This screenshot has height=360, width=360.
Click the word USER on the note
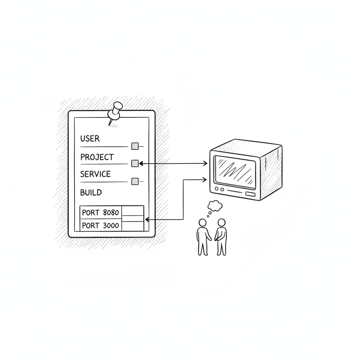pos(90,139)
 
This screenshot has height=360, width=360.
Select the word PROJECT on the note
pos(97,157)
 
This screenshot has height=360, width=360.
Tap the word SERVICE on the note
pos(95,174)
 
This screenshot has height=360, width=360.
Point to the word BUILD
pos(91,192)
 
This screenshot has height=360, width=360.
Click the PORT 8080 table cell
pos(101,212)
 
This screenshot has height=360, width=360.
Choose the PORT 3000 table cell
pos(101,225)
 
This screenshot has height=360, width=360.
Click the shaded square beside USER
pos(135,146)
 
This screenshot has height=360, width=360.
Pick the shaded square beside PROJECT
pos(135,163)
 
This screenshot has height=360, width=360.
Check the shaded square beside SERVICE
pos(135,181)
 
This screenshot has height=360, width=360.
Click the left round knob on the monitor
pos(217,189)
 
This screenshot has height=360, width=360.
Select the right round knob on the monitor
pos(222,189)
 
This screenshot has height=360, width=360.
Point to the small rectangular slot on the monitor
pos(250,194)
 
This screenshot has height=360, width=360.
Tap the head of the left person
pos(202,223)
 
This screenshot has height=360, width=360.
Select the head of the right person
pos(221,223)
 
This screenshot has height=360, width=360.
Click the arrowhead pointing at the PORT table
pos(147,220)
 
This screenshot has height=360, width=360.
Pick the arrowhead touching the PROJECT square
pos(141,163)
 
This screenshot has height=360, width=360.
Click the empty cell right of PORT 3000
pos(133,226)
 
